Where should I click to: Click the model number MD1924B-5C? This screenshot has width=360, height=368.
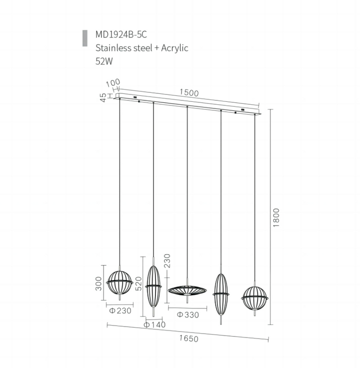121,34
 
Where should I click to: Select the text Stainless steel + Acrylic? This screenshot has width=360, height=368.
141,48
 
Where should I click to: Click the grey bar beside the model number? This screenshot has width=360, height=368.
84,38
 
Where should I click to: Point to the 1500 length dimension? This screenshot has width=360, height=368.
189,93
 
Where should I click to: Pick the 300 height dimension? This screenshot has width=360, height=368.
99,284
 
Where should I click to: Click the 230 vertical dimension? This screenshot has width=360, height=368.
167,261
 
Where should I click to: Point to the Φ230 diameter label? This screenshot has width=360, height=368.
119,310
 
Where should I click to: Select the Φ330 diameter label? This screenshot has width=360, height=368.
187,315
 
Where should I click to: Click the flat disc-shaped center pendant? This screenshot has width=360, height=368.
187,290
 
